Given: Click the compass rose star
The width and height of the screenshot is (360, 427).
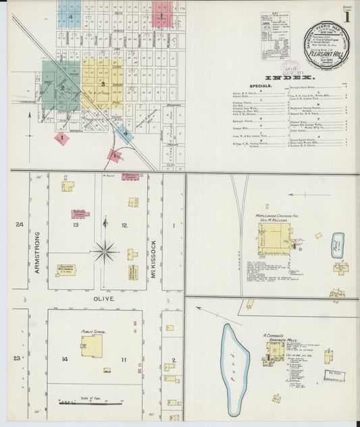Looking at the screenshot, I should tap(105, 252).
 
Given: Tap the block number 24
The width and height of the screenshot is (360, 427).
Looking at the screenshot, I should tap(20, 224).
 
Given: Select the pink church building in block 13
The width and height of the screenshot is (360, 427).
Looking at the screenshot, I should tap(81, 214).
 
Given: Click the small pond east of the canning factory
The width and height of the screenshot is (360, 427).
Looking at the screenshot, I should tap(336, 245).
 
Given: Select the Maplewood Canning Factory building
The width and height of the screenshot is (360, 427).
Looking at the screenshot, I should tap(274, 238).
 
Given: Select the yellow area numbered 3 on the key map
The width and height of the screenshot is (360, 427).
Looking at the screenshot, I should tap(102, 84).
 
